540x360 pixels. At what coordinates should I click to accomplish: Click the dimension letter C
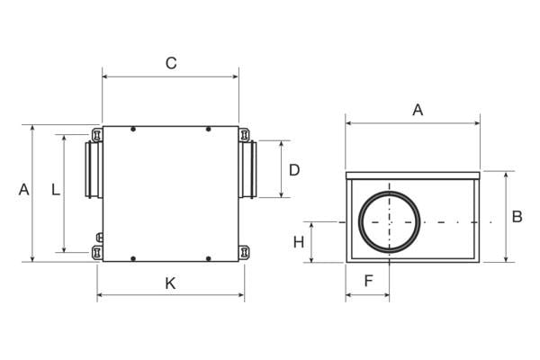point(171,63)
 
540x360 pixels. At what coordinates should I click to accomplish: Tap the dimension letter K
point(170,283)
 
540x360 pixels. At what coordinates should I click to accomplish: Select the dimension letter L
point(56,190)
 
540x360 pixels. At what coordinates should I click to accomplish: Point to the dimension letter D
point(294,170)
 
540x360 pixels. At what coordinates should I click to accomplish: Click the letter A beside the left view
point(23,190)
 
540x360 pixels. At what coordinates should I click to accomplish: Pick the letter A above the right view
point(418,110)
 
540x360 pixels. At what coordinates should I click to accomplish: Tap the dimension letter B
point(517,217)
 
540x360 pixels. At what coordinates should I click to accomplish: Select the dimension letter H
point(299,242)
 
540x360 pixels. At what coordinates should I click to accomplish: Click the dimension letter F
point(368,281)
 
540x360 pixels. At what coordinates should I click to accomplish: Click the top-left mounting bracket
point(97,135)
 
